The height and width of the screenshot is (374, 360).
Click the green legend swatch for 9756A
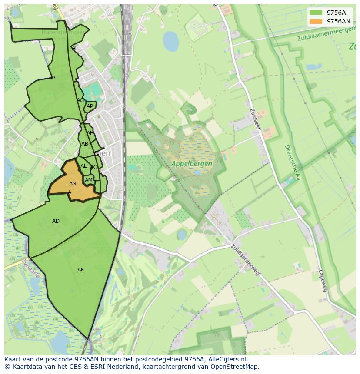pyautogui.click(x=316, y=13)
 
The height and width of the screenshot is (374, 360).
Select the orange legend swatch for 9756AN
pyautogui.click(x=316, y=21)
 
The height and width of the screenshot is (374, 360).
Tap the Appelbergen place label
pyautogui.click(x=192, y=164)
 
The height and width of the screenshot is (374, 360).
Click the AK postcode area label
pyautogui.click(x=81, y=270)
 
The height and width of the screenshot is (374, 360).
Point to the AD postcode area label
pyautogui.click(x=56, y=221)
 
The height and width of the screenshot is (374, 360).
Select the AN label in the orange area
pyautogui.click(x=73, y=184)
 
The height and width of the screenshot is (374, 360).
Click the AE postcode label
pyautogui.click(x=75, y=48)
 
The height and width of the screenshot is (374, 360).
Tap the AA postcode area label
pyautogui.click(x=52, y=78)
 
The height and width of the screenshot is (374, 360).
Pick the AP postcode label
pyautogui.click(x=90, y=106)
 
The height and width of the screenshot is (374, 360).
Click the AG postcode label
pyautogui.click(x=80, y=100)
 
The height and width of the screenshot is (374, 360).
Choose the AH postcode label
pyautogui.click(x=90, y=133)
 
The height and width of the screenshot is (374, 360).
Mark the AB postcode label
pyautogui.click(x=85, y=144)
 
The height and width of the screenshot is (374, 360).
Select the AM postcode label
pyautogui.click(x=89, y=180)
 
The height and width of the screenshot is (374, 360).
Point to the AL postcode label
pyautogui.click(x=83, y=166)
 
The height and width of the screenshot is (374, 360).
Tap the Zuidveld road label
pyautogui.click(x=255, y=119)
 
